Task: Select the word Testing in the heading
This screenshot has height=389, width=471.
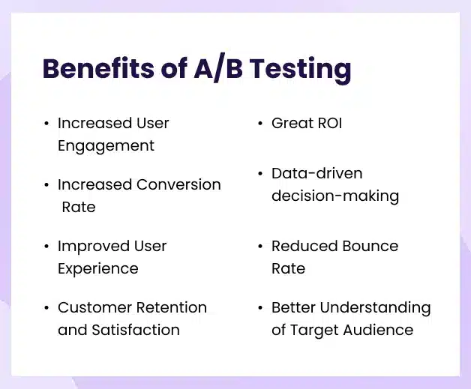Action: (x=300, y=70)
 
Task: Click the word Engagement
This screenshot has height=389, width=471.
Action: (x=106, y=146)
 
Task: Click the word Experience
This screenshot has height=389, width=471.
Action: (x=98, y=269)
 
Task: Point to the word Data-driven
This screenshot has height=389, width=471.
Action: (x=316, y=173)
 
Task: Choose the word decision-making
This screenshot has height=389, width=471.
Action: (x=334, y=196)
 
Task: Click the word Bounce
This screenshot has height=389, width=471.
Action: (x=369, y=246)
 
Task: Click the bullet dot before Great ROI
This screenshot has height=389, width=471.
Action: (x=259, y=124)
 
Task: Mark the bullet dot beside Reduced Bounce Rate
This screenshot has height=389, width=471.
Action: (x=259, y=247)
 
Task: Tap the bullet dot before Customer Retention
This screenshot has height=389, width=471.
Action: (x=46, y=308)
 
